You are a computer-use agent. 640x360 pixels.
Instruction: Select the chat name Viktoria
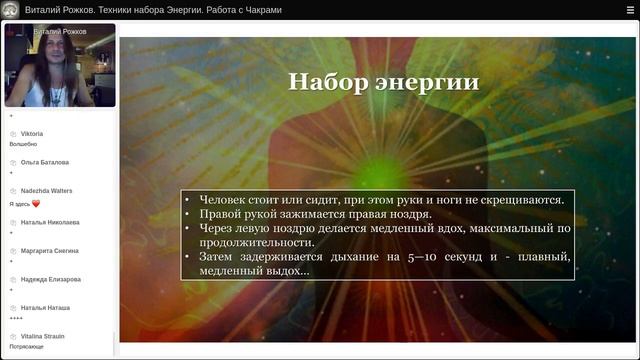click(x=32, y=133)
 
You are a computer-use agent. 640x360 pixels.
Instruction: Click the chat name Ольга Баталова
click(x=45, y=162)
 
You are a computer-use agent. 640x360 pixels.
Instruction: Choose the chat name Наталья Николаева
click(x=50, y=221)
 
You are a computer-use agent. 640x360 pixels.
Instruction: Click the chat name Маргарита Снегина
click(x=50, y=250)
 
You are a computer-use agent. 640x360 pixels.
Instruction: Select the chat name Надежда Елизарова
click(x=51, y=279)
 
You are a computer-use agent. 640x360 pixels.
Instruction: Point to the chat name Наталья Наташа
click(x=45, y=308)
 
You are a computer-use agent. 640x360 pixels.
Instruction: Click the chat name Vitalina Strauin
click(x=43, y=336)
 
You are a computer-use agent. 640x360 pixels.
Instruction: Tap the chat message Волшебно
click(x=23, y=144)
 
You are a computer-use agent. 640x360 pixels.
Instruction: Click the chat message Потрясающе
click(x=27, y=347)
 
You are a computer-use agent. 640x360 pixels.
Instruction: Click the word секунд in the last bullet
click(x=476, y=257)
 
